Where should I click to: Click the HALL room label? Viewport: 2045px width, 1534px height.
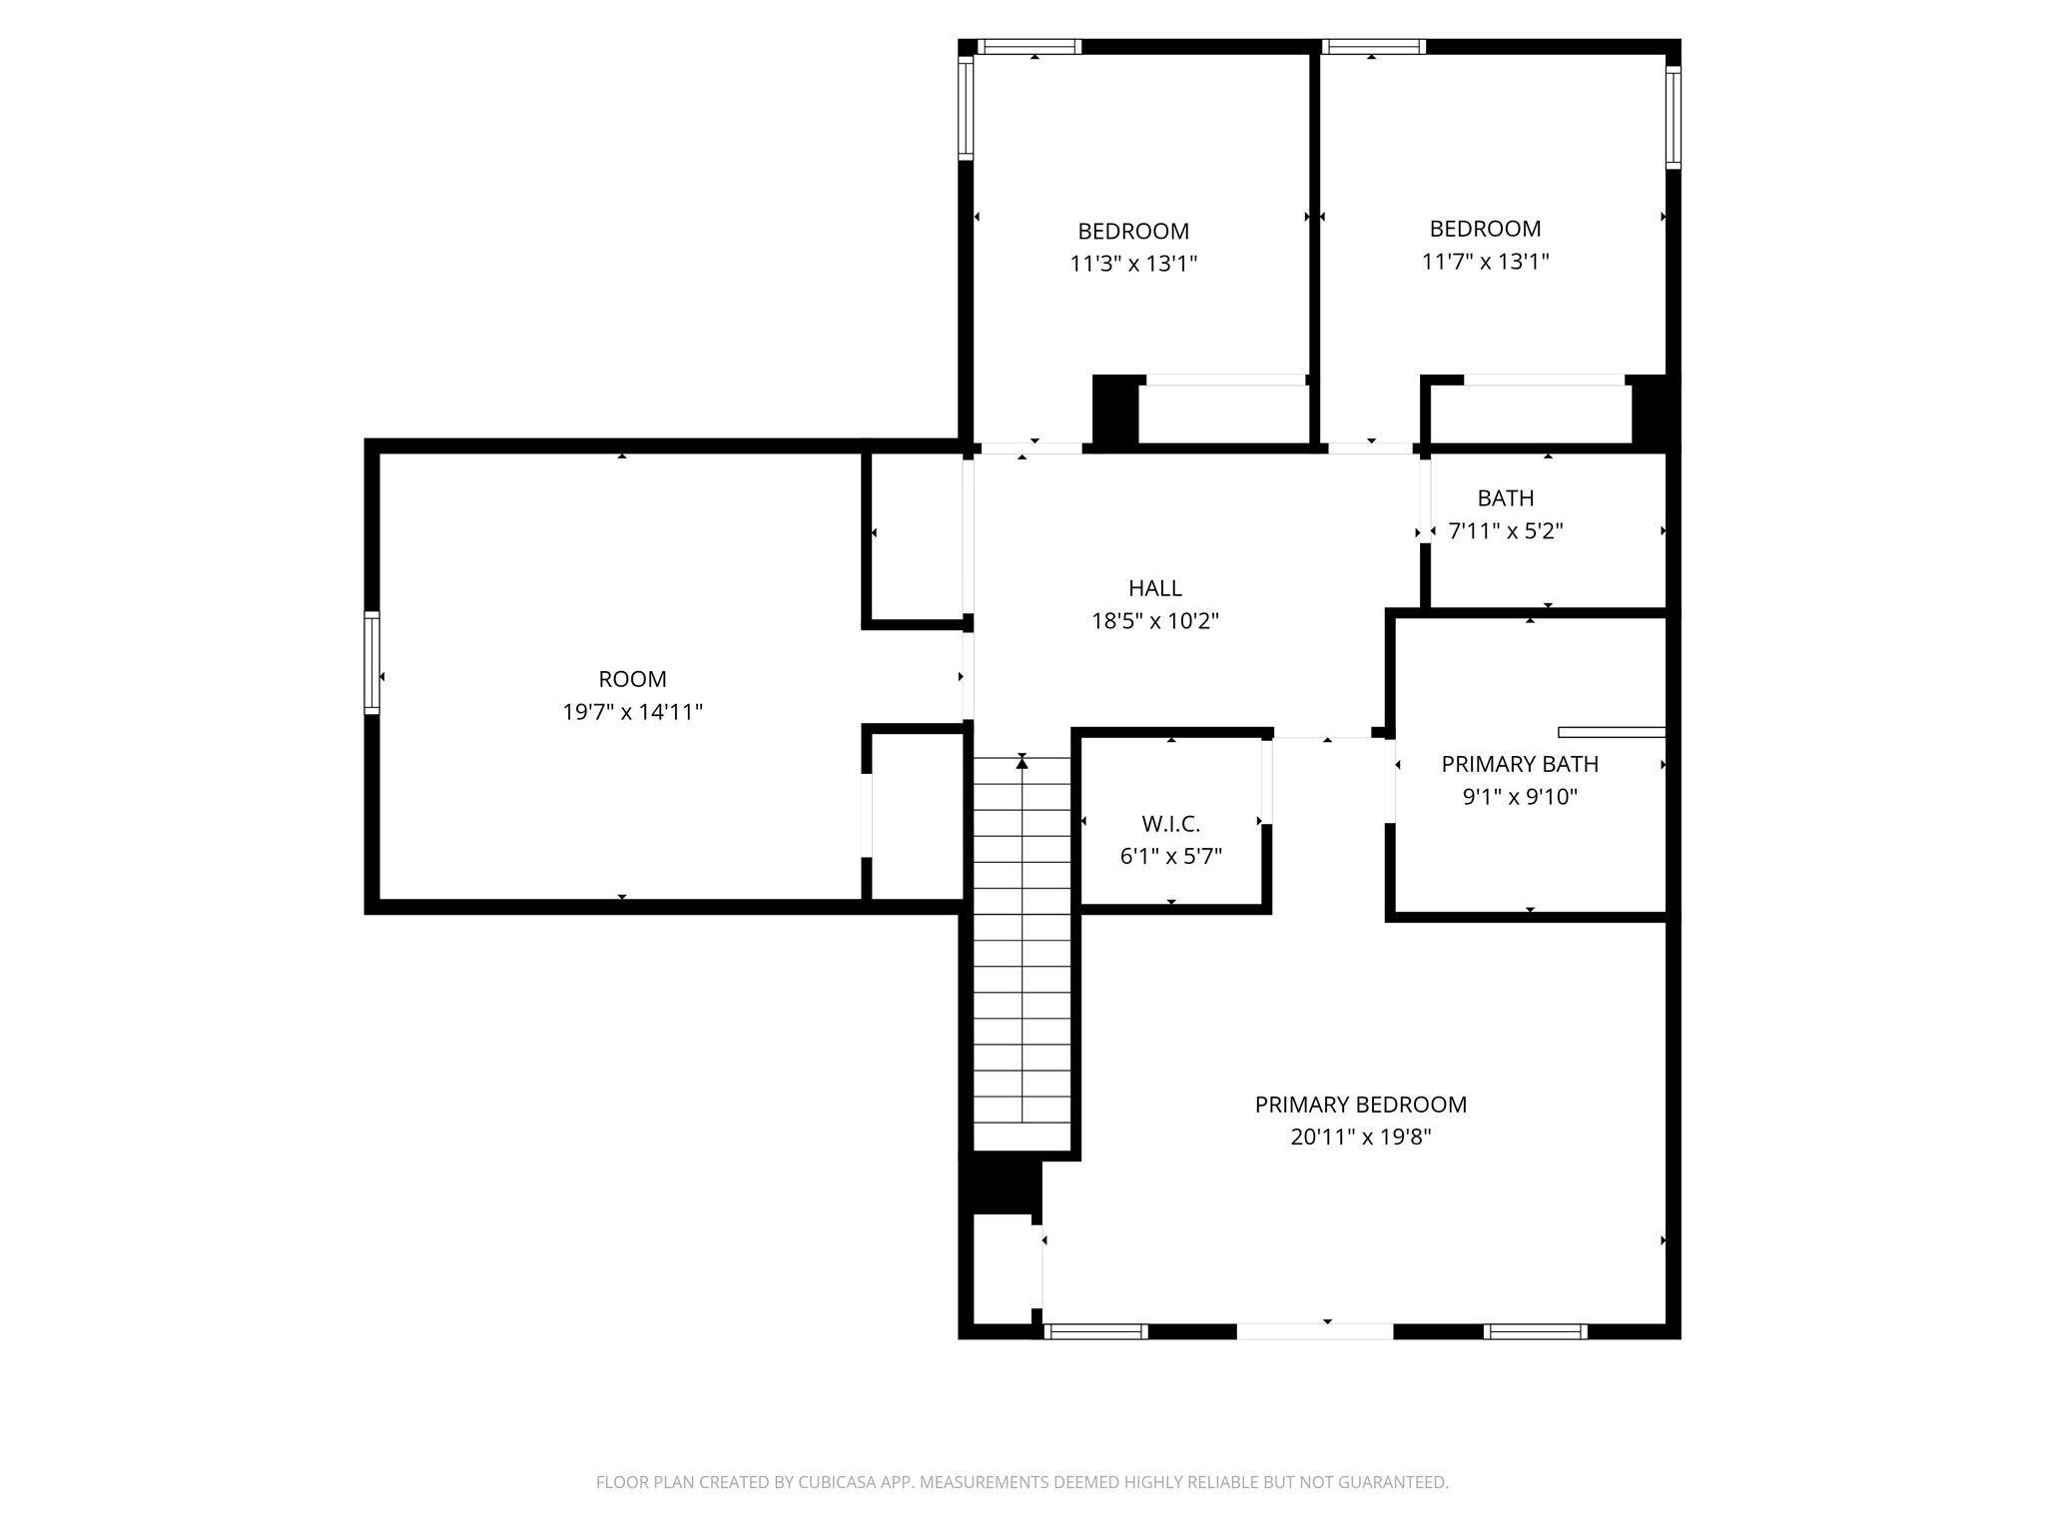pyautogui.click(x=1154, y=588)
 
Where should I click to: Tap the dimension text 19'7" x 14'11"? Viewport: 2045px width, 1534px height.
pyautogui.click(x=632, y=712)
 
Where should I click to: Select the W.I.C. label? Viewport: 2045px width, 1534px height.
pyautogui.click(x=1170, y=824)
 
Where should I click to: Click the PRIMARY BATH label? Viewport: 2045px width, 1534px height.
pyautogui.click(x=1519, y=764)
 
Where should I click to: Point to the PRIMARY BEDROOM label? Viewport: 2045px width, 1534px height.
pyautogui.click(x=1360, y=1105)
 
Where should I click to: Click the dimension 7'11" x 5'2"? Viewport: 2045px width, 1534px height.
pyautogui.click(x=1505, y=530)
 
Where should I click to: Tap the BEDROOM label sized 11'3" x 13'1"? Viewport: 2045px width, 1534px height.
pyautogui.click(x=1133, y=231)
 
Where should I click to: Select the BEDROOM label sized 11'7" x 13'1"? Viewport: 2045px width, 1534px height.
pyautogui.click(x=1485, y=229)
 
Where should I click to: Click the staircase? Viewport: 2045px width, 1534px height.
pyautogui.click(x=1022, y=949)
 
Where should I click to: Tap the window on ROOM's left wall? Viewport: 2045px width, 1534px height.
pyautogui.click(x=371, y=662)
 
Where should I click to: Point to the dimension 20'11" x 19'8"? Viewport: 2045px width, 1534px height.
pyautogui.click(x=1360, y=1137)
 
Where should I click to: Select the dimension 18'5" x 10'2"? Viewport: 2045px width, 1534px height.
pyautogui.click(x=1154, y=621)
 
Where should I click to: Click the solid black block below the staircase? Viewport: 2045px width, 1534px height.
pyautogui.click(x=1001, y=1184)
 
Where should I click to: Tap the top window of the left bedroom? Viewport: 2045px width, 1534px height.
pyautogui.click(x=1029, y=46)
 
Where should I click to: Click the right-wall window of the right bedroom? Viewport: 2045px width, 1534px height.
pyautogui.click(x=1674, y=116)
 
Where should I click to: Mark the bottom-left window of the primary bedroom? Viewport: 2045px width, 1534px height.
pyautogui.click(x=1095, y=1331)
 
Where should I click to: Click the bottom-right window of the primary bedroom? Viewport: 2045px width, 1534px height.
pyautogui.click(x=1535, y=1331)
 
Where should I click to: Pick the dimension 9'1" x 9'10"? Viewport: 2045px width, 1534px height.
pyautogui.click(x=1519, y=797)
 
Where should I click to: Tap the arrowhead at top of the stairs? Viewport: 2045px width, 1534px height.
pyautogui.click(x=1022, y=763)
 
